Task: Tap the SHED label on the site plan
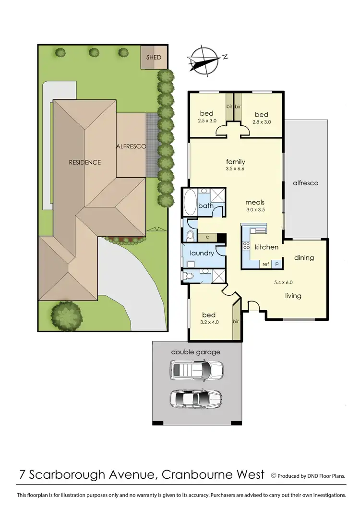(x=154, y=57)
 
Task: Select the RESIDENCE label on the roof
(x=85, y=162)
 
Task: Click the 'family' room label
(x=235, y=161)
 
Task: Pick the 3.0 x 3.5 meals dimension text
(x=254, y=210)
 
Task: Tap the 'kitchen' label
(x=266, y=247)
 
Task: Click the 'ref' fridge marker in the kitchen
(x=265, y=264)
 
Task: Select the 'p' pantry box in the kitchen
(x=277, y=264)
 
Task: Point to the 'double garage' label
(x=196, y=352)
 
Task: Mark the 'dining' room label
(x=304, y=258)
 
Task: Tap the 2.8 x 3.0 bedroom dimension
(x=261, y=122)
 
